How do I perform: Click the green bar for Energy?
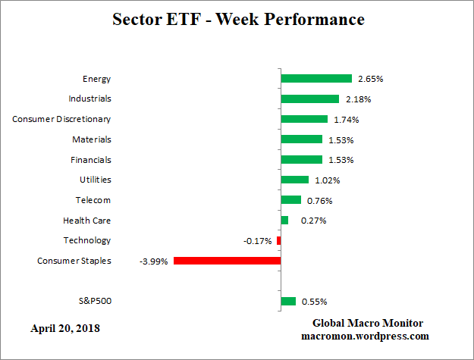[316, 79]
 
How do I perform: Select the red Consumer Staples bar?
[227, 261]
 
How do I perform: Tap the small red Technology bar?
[278, 240]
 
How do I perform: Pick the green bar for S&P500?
[288, 301]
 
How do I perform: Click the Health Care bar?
[284, 221]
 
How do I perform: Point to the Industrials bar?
[309, 99]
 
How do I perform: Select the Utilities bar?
[294, 180]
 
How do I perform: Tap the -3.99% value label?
[153, 261]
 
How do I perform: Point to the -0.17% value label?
[257, 241]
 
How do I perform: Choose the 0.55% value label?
[314, 302]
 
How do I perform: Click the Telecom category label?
[93, 200]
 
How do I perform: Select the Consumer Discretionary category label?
[62, 119]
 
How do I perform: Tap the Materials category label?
[90, 139]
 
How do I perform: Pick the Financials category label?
[89, 160]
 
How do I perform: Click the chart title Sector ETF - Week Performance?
[238, 19]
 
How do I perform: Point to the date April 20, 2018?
[65, 329]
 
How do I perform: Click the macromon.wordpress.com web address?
[366, 336]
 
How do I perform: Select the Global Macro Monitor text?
[368, 323]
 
